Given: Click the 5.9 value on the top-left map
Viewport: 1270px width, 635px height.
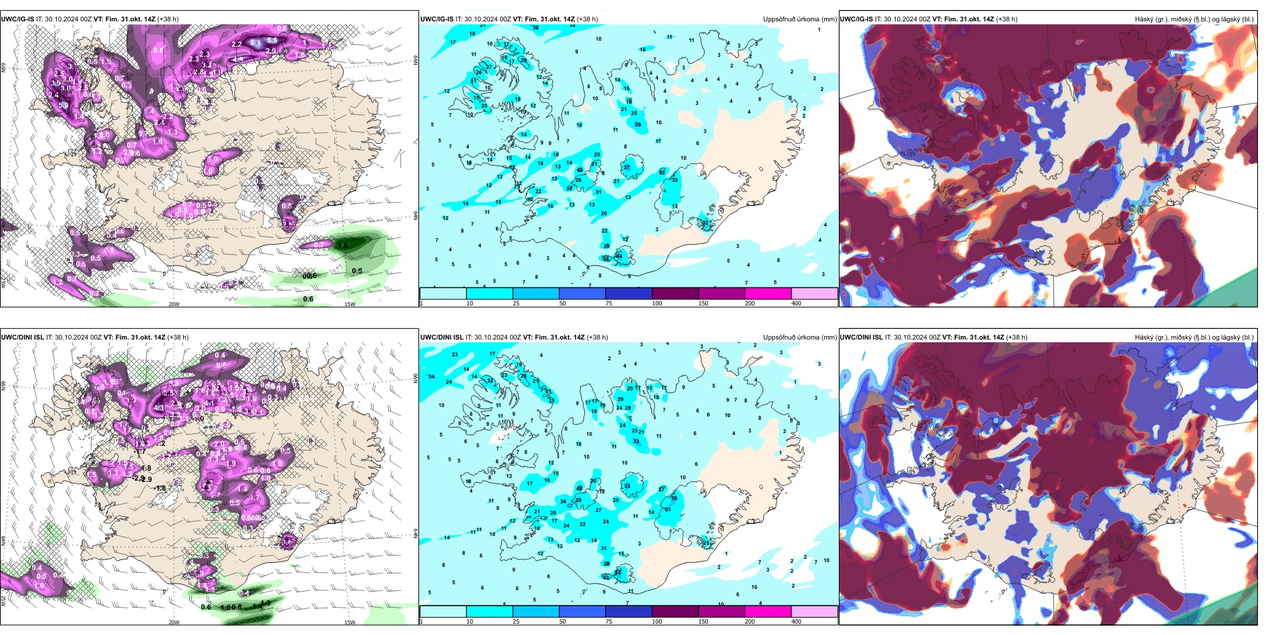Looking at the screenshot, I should [63, 105].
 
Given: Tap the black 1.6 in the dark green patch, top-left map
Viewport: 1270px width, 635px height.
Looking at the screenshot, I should [343, 246].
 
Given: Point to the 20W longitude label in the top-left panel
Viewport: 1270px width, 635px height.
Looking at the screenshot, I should [174, 304].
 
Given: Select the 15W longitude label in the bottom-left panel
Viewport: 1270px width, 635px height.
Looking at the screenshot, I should [350, 622].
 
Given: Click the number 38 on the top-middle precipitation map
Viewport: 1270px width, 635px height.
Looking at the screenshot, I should [535, 28].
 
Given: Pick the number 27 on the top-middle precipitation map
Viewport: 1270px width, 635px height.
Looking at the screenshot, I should [489, 68].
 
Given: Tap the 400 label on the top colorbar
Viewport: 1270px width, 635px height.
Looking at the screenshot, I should [796, 303].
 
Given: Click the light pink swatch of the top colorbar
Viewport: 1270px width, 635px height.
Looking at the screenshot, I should [814, 293].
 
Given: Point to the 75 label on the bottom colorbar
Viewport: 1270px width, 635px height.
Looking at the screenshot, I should [609, 622].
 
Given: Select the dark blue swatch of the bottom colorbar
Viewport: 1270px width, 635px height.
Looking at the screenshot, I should [628, 612].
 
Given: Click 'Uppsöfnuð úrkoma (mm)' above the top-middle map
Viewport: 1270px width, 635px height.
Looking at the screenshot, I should [799, 19].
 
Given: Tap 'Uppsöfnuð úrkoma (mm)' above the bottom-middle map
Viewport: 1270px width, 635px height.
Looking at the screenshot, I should [799, 338].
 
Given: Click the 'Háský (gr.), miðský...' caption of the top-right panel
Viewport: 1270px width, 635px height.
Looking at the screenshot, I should [1194, 19].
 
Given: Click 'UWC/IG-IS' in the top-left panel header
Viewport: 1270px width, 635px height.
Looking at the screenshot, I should [18, 19].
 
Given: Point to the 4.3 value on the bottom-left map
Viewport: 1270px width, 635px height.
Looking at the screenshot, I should [158, 408].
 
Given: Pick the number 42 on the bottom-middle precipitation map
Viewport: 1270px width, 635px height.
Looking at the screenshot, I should [579, 489].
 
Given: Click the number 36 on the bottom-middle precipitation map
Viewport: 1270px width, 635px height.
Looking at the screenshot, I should [674, 498].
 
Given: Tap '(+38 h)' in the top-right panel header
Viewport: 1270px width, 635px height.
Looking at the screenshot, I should [1007, 19].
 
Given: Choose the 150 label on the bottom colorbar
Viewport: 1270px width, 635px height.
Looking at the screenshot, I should [703, 622].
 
